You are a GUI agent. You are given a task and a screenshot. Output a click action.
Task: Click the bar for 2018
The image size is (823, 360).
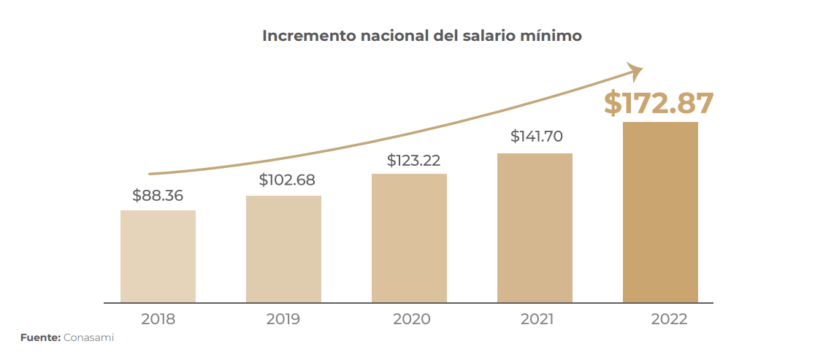(x=158, y=256)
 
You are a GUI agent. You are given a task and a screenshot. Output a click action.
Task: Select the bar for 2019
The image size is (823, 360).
(x=283, y=249)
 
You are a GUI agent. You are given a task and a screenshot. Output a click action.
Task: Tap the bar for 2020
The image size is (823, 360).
(x=409, y=238)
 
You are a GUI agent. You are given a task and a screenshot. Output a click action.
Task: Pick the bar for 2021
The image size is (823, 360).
(x=535, y=228)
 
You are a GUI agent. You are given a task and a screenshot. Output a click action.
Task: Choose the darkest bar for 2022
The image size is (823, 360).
(x=660, y=212)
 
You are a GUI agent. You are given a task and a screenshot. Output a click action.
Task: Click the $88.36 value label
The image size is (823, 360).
(x=158, y=196)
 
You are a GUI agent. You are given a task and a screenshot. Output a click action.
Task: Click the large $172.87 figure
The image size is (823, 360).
(x=658, y=104)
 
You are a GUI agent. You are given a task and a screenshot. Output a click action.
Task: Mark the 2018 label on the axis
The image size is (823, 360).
(x=158, y=319)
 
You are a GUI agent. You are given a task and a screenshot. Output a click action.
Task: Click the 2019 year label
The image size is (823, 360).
(x=283, y=319)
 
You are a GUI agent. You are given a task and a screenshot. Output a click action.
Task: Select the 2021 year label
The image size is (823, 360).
(x=537, y=319)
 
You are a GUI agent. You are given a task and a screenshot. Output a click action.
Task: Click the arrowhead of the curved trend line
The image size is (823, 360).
(x=636, y=70)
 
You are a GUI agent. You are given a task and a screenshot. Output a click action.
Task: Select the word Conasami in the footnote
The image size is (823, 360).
(x=88, y=338)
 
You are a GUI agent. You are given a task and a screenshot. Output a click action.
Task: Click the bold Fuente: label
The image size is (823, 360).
(x=39, y=338)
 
